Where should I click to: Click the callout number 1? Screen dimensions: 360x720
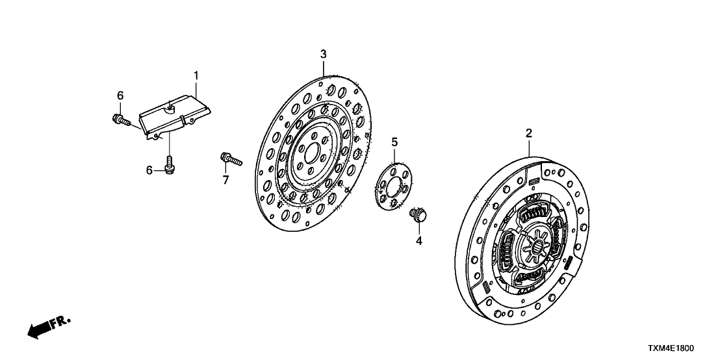tap(196, 77)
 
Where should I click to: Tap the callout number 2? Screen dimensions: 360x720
tap(529, 133)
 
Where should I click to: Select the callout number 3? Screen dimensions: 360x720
tap(323, 54)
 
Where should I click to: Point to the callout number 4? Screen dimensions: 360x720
tap(419, 240)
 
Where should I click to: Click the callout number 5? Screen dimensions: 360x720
tap(394, 142)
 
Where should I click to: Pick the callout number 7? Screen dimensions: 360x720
tap(226, 180)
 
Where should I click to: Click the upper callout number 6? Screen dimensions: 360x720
tap(120, 96)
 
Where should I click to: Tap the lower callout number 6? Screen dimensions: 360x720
tap(149, 170)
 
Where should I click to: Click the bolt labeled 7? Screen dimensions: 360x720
tap(231, 158)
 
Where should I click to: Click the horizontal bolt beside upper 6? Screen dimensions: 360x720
tap(121, 120)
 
